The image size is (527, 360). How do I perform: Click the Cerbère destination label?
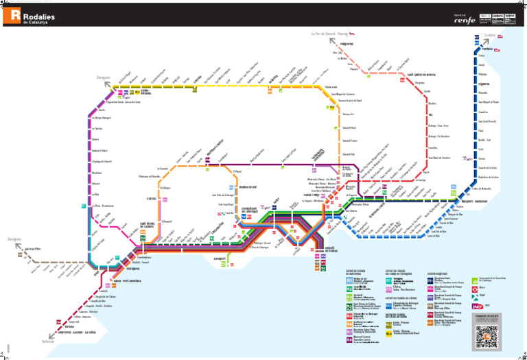[489, 34]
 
